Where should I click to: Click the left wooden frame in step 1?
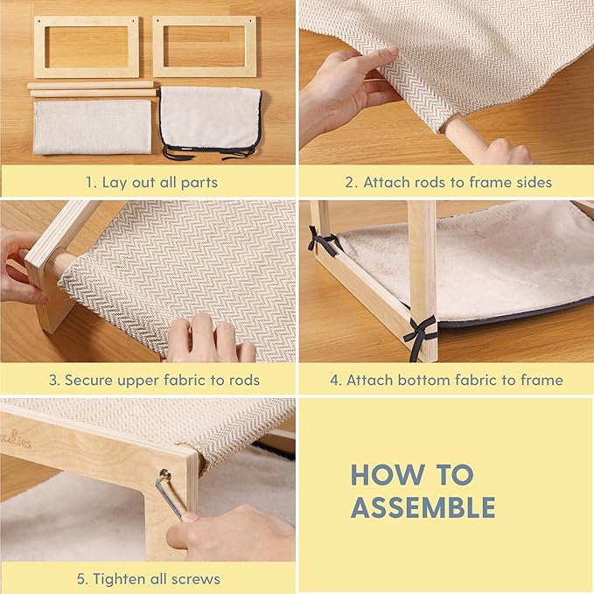pos(39,46)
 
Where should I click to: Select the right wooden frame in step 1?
pos(159,46)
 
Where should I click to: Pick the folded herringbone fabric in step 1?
pos(92,127)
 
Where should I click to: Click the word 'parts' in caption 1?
pos(199,183)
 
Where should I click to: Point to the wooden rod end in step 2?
pos(464,139)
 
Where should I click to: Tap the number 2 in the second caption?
pos(350,183)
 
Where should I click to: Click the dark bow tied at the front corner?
pos(420,334)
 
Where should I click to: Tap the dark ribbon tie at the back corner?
pos(322,241)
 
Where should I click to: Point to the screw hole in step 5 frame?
pos(164,473)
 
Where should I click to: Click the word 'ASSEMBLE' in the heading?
pos(423,507)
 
